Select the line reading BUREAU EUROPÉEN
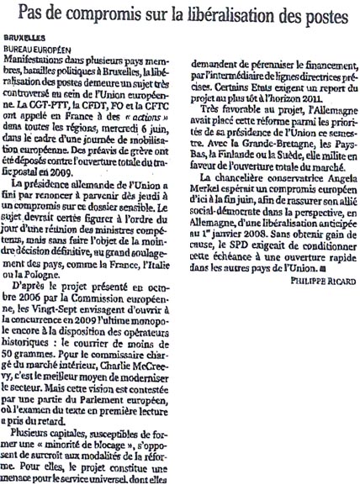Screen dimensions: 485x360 point(38,50)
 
